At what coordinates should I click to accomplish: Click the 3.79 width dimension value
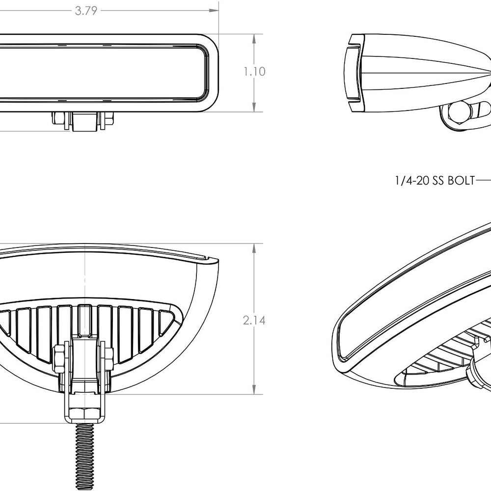point(86,10)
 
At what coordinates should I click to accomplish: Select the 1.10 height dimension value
point(254,72)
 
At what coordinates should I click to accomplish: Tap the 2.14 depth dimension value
point(254,321)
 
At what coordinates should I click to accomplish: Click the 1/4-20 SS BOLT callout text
point(435,181)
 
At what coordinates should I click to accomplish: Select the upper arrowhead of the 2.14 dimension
point(254,247)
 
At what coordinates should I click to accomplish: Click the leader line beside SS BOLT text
point(484,181)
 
